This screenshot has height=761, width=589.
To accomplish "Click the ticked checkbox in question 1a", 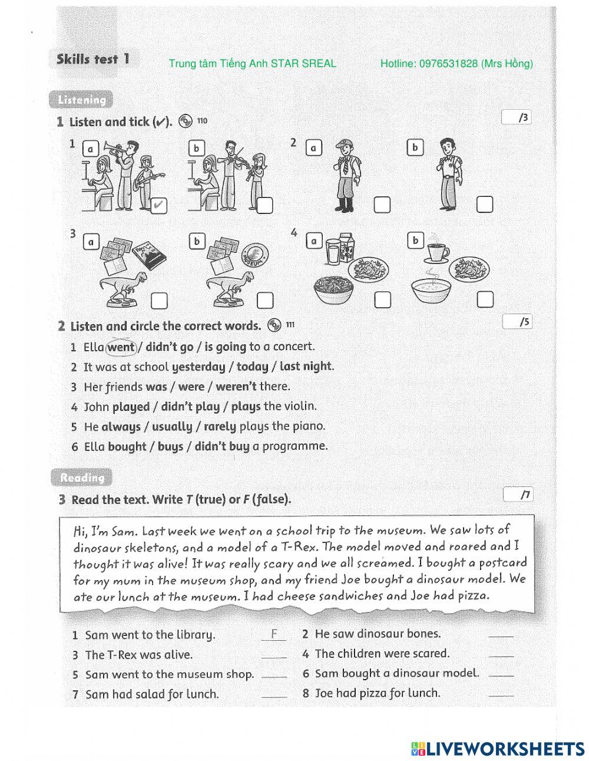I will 158,206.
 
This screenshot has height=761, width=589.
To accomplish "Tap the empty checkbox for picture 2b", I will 484,204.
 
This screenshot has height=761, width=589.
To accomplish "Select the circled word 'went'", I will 121,347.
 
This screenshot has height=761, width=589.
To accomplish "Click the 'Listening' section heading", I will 81,100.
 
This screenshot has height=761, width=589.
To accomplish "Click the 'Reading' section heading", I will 81,477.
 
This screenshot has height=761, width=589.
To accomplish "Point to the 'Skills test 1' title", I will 92,59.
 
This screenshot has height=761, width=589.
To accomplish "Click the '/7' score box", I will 518,495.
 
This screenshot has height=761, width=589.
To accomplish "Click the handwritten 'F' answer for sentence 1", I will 274,634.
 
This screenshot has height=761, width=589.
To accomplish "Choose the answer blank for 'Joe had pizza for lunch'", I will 501,694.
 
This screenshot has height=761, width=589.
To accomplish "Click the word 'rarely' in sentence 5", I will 220,426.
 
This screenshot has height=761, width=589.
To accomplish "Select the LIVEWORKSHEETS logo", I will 498,749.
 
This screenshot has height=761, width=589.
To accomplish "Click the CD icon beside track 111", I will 274,325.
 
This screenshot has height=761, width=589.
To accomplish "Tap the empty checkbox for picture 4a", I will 383,299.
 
